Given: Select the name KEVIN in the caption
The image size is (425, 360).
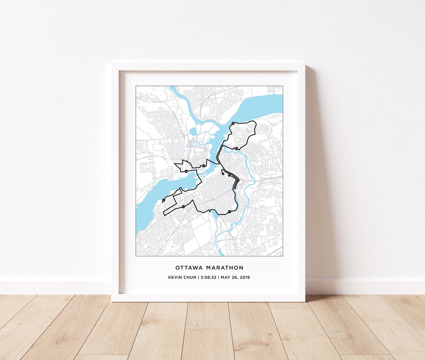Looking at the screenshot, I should point(174,277).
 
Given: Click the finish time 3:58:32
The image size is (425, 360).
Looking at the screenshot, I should point(209,277).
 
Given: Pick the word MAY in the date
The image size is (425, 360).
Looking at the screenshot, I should point(225,277).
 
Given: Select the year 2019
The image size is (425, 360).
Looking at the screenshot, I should point(245,277).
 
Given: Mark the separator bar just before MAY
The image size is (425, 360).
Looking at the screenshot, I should point(219,277).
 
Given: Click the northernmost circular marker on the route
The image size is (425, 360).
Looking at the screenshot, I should point(233,123).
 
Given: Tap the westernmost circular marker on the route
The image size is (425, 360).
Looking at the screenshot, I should point(163,201).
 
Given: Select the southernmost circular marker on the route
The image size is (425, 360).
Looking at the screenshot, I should point(229,212).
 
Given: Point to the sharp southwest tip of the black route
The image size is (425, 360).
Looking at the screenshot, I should point(164,215).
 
